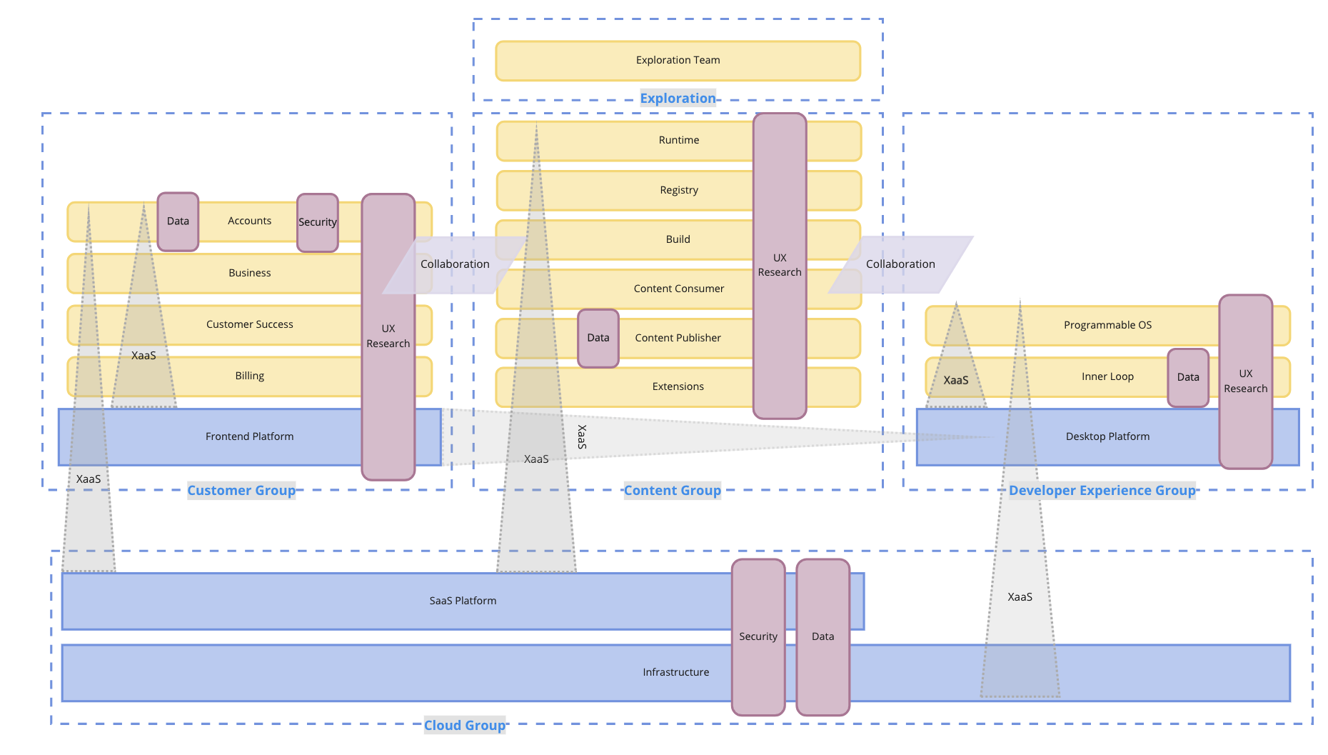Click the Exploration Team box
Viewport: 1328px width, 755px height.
click(678, 61)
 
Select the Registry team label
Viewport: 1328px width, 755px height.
click(679, 190)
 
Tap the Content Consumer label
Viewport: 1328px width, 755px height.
click(679, 289)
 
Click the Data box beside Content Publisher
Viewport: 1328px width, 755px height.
click(598, 338)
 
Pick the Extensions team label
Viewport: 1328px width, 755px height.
click(678, 386)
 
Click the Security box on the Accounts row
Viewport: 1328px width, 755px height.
click(318, 222)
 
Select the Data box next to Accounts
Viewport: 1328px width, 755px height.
click(178, 221)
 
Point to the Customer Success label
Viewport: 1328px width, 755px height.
click(250, 324)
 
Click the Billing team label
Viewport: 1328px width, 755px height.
click(250, 376)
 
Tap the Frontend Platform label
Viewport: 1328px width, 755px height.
click(250, 436)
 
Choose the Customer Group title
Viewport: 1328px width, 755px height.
click(241, 491)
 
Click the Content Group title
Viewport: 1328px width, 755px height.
click(673, 491)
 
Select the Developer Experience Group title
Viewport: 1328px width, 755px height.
click(1102, 491)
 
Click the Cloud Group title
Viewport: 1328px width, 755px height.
click(465, 726)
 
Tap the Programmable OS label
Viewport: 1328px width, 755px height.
click(1108, 325)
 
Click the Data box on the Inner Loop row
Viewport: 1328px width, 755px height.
click(1188, 378)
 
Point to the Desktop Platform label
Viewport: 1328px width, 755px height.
click(1108, 436)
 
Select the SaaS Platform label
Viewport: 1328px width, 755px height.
click(463, 601)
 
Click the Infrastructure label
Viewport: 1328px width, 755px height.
click(676, 672)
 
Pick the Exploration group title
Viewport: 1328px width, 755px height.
click(678, 99)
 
